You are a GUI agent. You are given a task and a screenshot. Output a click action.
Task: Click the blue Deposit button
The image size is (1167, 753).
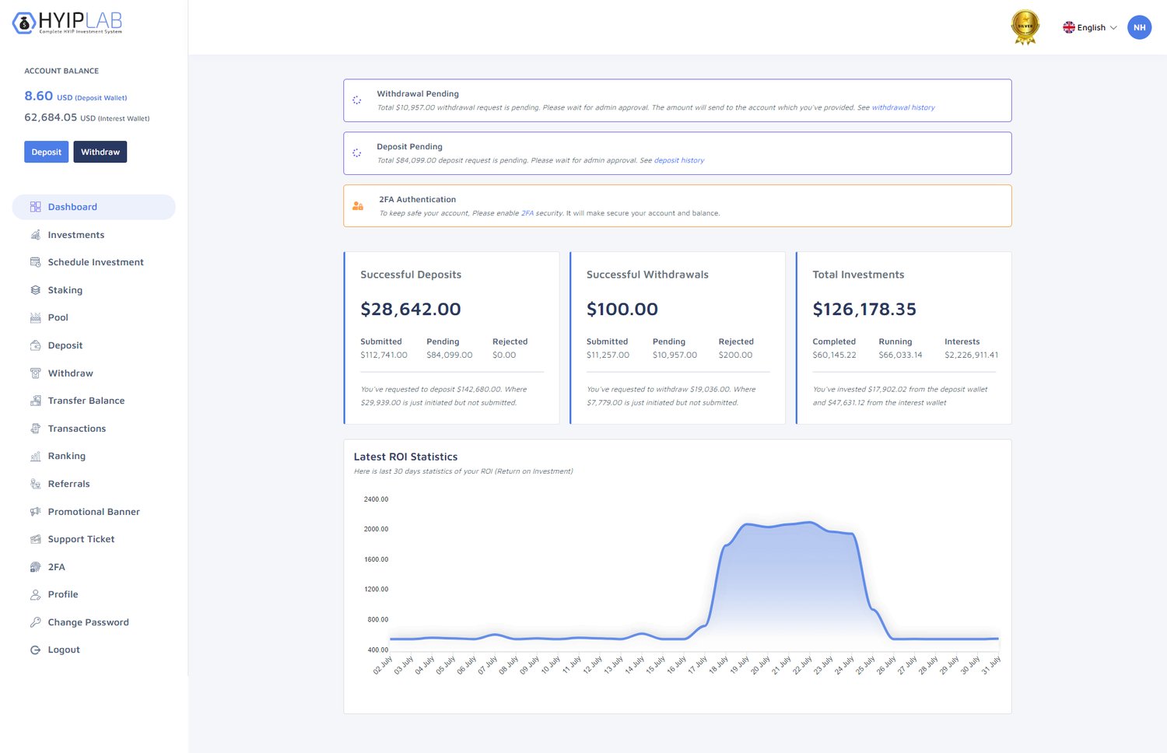pos(47,152)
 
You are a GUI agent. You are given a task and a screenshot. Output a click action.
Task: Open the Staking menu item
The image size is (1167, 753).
pos(65,290)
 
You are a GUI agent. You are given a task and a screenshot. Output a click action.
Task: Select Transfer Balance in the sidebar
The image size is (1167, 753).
pos(86,401)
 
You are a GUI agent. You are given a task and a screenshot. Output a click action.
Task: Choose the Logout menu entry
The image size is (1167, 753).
pos(64,650)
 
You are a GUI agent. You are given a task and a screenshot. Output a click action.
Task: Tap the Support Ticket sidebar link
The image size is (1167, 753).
pos(81,539)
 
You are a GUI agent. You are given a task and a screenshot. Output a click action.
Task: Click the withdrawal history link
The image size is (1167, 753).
pos(903,107)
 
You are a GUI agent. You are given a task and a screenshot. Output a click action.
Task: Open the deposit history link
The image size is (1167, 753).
pos(679,160)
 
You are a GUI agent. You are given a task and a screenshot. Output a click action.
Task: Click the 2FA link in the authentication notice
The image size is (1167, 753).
pos(527,213)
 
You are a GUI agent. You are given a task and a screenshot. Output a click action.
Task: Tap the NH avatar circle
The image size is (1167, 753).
pos(1140,27)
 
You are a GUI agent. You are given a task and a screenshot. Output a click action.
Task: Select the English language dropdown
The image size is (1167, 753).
pos(1089,27)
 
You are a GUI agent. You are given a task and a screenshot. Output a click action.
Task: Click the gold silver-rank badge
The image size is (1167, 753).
pos(1025,27)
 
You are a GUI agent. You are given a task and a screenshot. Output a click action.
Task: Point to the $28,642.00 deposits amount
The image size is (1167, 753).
pos(411,309)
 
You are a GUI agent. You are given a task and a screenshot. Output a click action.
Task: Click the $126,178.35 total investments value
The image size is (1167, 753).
pos(864,309)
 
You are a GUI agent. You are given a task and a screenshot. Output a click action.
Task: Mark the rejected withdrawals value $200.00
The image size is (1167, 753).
pos(735,355)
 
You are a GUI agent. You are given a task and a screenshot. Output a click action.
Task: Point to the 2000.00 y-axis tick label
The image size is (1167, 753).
pos(376,529)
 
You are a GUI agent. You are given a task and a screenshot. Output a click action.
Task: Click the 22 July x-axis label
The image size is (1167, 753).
pos(802,666)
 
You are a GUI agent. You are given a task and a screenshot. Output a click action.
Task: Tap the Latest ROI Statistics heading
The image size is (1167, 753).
pos(405,457)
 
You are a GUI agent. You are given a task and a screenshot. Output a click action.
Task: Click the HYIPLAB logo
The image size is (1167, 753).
pos(67,23)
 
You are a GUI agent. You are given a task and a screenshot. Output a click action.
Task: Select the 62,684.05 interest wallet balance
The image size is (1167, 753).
pos(51,117)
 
